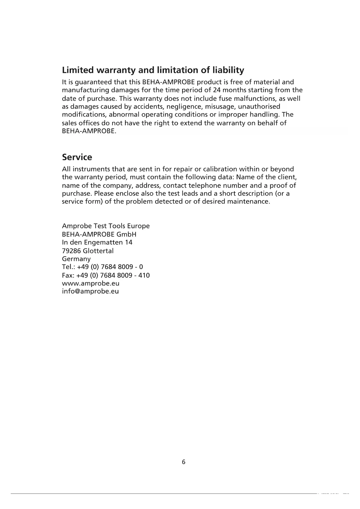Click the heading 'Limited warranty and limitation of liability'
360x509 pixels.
click(153, 70)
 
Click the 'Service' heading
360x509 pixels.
click(77, 157)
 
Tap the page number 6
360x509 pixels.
click(183, 462)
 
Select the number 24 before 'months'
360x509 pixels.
click(217, 90)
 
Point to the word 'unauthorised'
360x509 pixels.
click(259, 107)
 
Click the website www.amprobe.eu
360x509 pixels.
click(91, 283)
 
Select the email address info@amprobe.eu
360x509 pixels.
click(90, 291)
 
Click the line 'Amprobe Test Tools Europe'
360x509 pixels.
click(106, 226)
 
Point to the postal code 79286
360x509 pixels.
click(71, 251)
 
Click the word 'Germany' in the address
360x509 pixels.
click(76, 259)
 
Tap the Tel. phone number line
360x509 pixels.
click(102, 267)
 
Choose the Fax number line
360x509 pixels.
click(106, 275)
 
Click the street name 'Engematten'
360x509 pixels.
click(105, 242)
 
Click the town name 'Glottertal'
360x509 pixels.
click(98, 251)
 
